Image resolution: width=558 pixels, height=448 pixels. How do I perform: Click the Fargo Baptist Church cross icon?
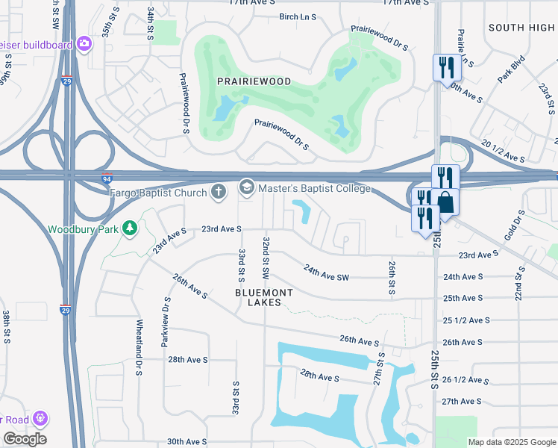[x=219, y=191]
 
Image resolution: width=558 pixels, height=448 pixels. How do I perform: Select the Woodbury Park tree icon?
[x=131, y=227]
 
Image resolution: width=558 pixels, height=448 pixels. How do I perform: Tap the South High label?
[x=521, y=28]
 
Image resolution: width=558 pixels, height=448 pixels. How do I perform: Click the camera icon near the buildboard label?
[x=85, y=44]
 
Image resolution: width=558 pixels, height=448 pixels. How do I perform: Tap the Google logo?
[x=25, y=439]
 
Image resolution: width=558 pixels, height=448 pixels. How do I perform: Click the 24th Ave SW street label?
[x=326, y=273]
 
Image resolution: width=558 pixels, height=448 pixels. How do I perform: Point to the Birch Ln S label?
[x=298, y=16]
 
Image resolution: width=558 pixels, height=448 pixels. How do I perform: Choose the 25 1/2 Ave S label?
[x=466, y=320]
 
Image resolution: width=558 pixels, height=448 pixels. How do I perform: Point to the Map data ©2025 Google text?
[x=512, y=442]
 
